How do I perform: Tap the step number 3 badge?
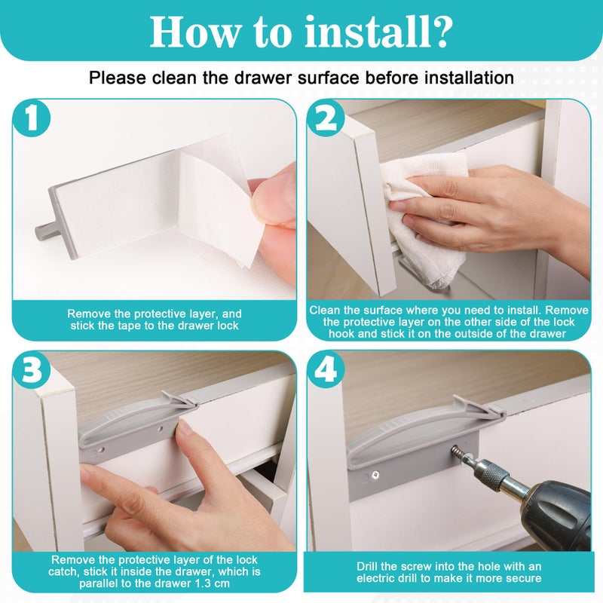point(32,370)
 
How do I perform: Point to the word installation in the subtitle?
point(467,78)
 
